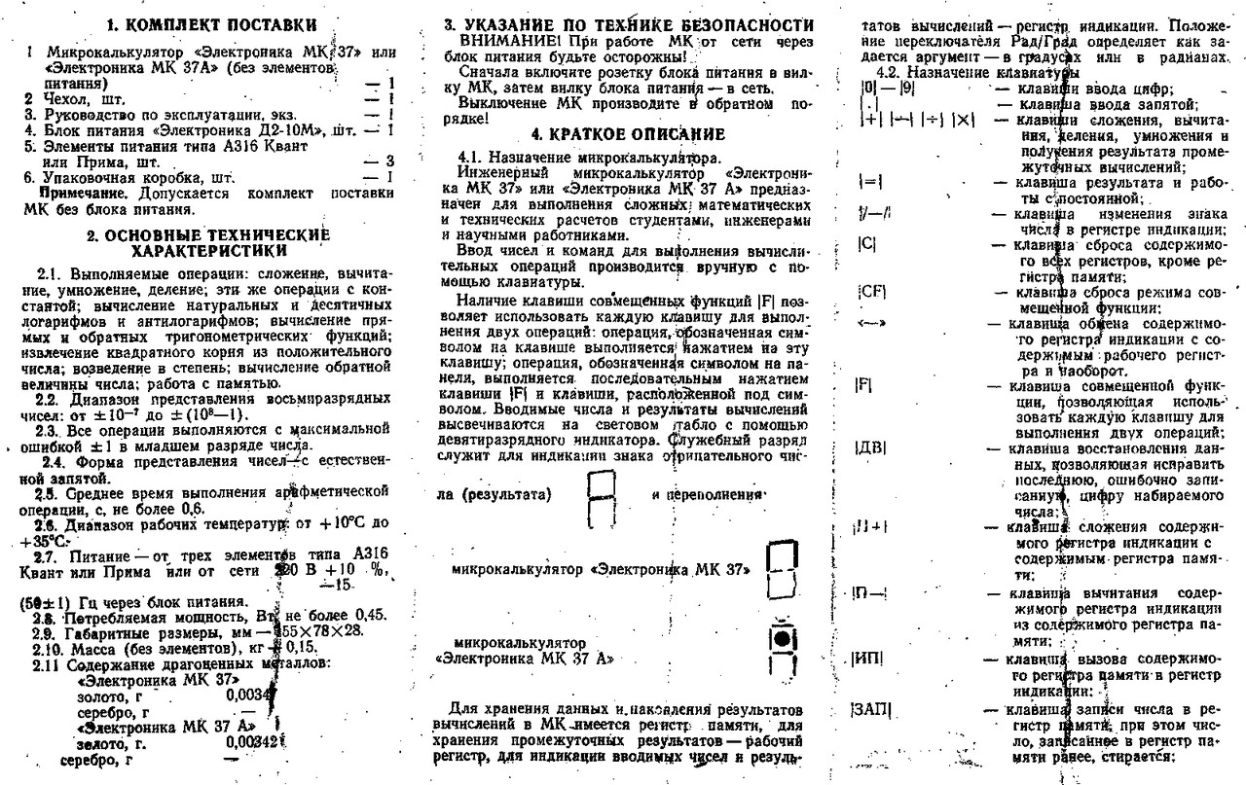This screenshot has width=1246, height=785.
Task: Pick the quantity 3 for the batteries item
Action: coord(388,161)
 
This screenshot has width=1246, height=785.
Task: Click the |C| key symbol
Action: coord(866,244)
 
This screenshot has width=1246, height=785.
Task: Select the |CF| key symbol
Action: coord(869,291)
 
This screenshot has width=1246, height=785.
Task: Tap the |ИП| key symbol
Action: coord(866,659)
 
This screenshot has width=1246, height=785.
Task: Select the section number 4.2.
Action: coord(890,73)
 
